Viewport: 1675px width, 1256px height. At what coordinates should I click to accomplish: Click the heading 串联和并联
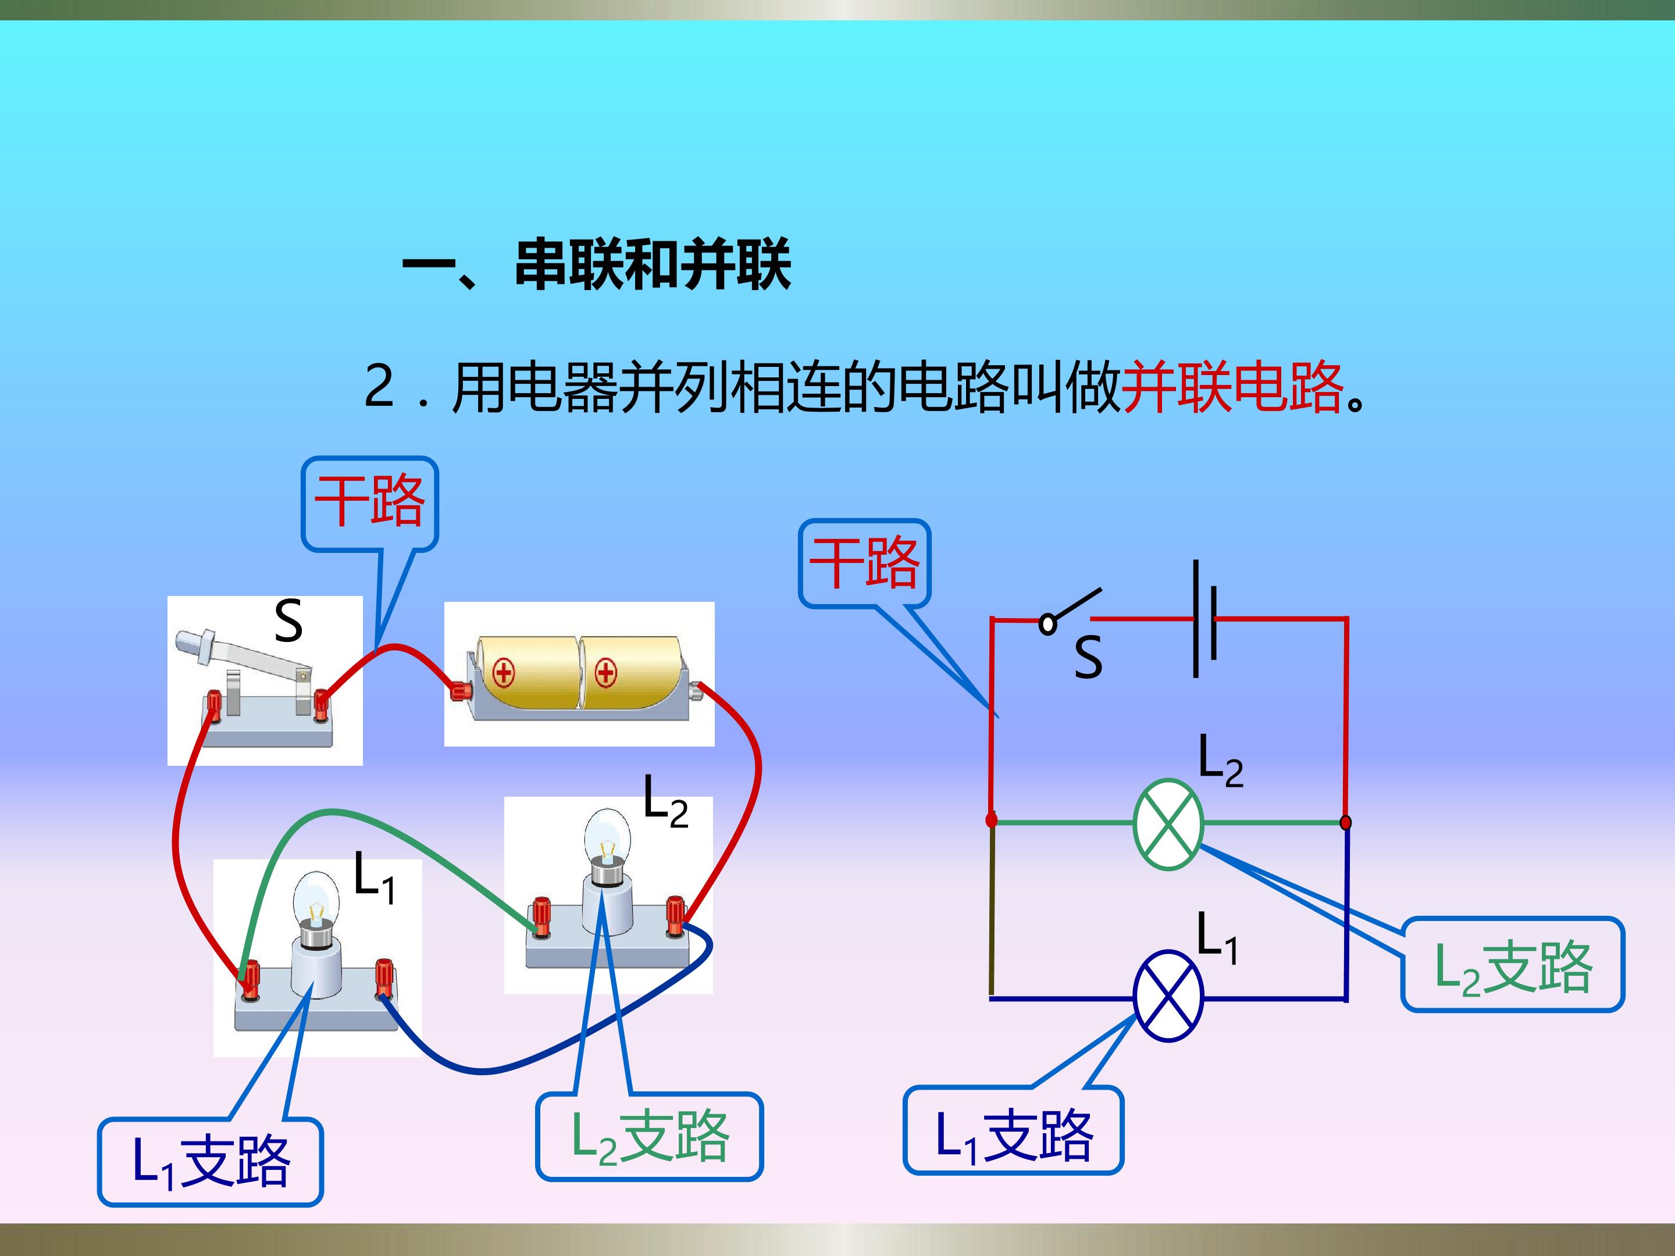pyautogui.click(x=653, y=265)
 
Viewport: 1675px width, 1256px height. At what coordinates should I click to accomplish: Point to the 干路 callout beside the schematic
pyautogui.click(x=865, y=563)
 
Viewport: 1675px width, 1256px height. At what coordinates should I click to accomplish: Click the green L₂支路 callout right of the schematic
pyautogui.click(x=1513, y=965)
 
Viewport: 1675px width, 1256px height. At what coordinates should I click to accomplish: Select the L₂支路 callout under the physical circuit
pyautogui.click(x=650, y=1136)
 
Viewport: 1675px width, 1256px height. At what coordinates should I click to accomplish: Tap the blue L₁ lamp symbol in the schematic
pyautogui.click(x=1168, y=996)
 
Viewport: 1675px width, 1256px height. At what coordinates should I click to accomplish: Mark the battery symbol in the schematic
pyautogui.click(x=1204, y=619)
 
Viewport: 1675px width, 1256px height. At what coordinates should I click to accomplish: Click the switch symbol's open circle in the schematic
pyautogui.click(x=1048, y=624)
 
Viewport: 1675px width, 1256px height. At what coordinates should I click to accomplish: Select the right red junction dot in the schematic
pyautogui.click(x=1346, y=822)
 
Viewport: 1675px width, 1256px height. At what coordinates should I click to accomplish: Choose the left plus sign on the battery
pyautogui.click(x=504, y=672)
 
